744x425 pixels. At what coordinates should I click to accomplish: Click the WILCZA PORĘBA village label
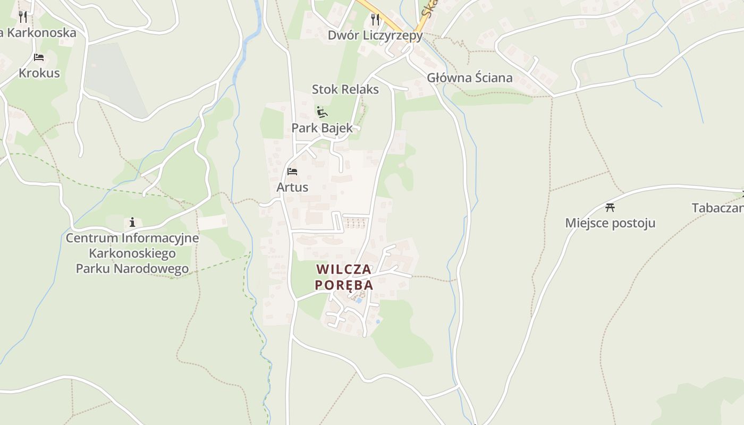click(x=344, y=277)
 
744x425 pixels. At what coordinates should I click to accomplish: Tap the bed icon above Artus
click(x=292, y=172)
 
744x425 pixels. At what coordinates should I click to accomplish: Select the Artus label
click(x=292, y=187)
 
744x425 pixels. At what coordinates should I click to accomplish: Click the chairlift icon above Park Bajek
click(x=322, y=112)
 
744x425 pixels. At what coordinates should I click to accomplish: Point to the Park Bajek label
click(x=322, y=128)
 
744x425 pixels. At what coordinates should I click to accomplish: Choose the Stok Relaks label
click(x=345, y=89)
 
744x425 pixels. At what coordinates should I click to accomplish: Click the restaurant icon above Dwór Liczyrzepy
click(x=375, y=20)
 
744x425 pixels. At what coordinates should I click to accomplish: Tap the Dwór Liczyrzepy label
click(x=375, y=36)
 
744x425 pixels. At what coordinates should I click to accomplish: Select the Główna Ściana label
click(x=470, y=78)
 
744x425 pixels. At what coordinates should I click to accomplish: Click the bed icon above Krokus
click(x=38, y=57)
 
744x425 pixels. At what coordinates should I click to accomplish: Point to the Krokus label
click(x=39, y=73)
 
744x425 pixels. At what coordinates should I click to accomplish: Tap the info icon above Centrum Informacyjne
click(x=132, y=222)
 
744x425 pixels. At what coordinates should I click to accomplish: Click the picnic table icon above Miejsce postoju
click(x=610, y=207)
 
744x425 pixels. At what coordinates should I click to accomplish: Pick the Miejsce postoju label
click(x=610, y=223)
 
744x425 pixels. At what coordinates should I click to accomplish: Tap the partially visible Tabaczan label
click(x=717, y=208)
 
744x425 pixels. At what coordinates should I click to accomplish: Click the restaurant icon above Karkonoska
click(x=22, y=16)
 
